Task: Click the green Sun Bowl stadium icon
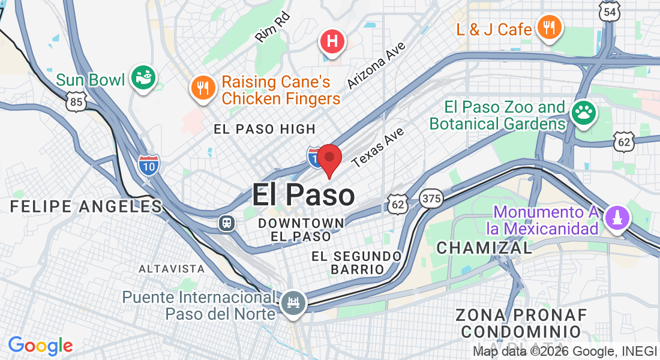point(143,77)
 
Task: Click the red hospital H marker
point(332,42)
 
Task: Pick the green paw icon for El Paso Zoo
point(582,112)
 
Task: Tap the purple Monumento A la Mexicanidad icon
point(618,217)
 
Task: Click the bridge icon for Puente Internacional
point(293,301)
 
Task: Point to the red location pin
point(329,159)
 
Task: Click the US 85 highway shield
point(76,102)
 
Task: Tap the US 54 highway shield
point(609,11)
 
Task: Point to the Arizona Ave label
point(376,65)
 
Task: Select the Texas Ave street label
point(378,147)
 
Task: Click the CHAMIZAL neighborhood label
point(484,247)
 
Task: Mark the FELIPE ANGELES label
point(86,206)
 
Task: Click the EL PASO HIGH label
point(265,129)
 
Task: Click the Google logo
point(40,346)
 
